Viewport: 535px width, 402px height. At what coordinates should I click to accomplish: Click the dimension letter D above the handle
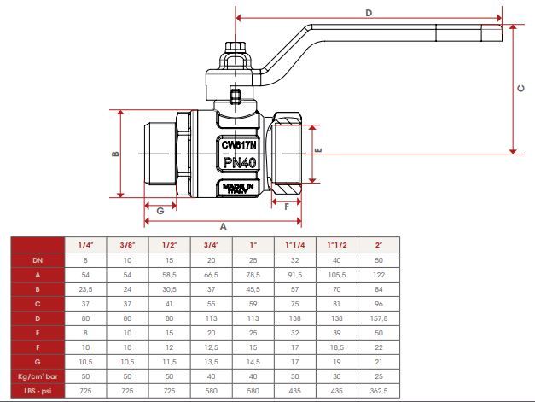pos(369,13)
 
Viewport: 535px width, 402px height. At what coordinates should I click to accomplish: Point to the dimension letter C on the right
pos(521,89)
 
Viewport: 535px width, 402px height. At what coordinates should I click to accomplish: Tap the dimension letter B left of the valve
pos(116,154)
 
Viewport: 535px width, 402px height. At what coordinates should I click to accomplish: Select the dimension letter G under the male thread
pos(160,211)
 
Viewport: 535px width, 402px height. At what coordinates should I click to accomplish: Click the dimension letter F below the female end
pos(287,207)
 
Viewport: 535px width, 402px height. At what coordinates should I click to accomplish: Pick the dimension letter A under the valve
pos(224,226)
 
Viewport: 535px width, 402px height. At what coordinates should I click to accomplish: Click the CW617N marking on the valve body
pos(239,145)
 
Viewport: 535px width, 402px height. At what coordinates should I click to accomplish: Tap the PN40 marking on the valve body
pos(240,162)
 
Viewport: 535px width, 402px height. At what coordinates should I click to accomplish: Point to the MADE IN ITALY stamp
pos(238,189)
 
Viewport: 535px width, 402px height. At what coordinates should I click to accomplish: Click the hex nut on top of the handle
pos(236,46)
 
